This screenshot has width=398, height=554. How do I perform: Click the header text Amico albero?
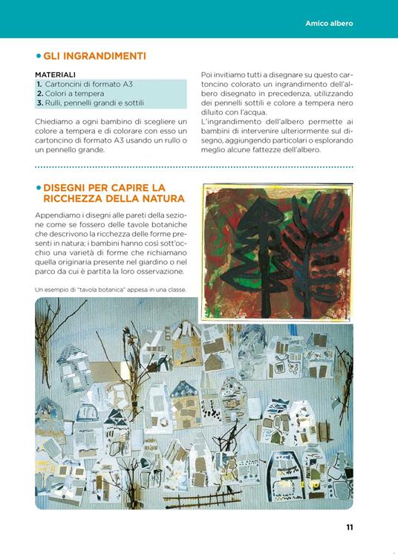click(329, 23)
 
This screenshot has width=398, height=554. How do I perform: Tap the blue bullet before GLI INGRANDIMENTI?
click(38, 56)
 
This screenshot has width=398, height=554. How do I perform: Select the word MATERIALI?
click(55, 74)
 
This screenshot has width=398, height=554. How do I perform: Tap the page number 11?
click(349, 527)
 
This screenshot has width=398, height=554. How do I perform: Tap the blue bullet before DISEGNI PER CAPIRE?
click(38, 188)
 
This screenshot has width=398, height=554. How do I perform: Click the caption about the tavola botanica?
click(110, 289)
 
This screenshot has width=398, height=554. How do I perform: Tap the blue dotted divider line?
click(193, 167)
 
